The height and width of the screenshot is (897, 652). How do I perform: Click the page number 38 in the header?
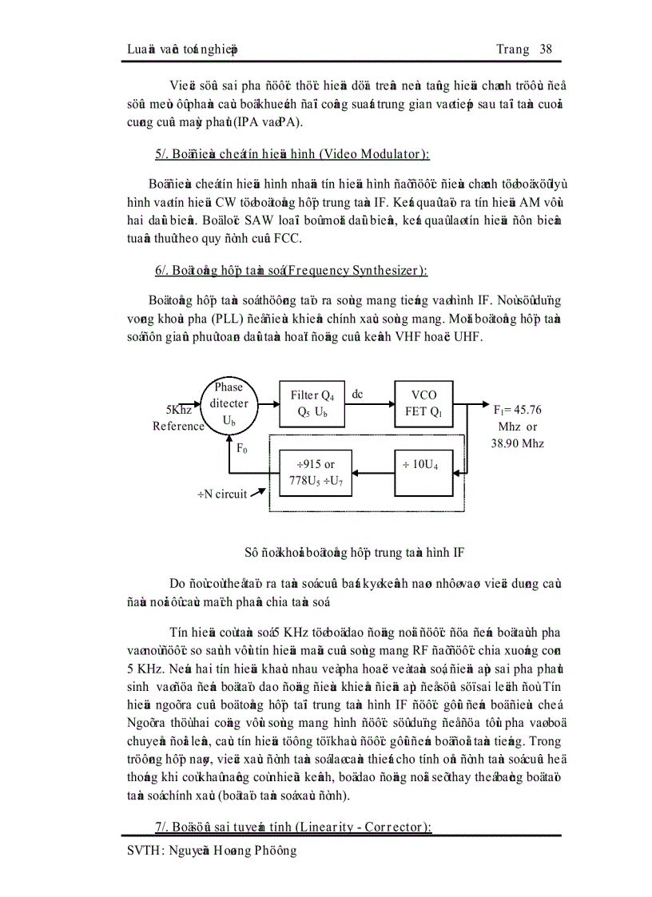tap(547, 50)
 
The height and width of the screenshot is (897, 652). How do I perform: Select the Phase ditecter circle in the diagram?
tap(229, 403)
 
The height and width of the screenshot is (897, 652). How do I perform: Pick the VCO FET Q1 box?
tap(423, 403)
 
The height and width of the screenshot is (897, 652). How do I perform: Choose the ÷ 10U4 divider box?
tap(423, 463)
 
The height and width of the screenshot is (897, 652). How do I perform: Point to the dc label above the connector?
tap(358, 394)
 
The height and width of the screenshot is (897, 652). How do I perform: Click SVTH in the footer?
tap(144, 851)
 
